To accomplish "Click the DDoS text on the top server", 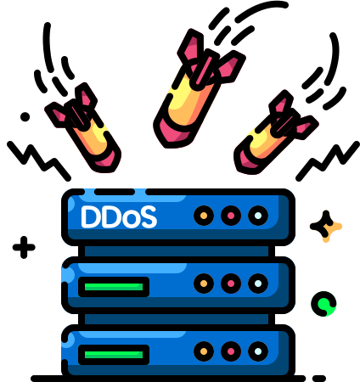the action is pos(119,216).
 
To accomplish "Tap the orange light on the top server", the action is pos(204,216).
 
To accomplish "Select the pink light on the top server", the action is pos(231,216).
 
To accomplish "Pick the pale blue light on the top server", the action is pos(258,216).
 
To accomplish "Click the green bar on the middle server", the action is pos(114,287).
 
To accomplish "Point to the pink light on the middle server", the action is pos(231,284).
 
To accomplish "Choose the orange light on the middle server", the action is pos(204,284).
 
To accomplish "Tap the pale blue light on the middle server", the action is pos(258,284).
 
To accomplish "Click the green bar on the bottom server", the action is pos(114,355).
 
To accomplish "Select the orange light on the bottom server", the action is pos(204,351).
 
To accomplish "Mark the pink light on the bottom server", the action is pos(231,351).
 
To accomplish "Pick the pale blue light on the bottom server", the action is pos(258,351).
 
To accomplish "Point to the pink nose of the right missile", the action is pos(247,160).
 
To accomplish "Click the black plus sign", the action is pos(24,247).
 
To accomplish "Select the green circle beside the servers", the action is pos(323,304).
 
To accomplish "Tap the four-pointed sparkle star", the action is pos(324,227).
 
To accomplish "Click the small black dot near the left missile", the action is pos(25,116).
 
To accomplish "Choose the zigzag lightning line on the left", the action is pos(39,160).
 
